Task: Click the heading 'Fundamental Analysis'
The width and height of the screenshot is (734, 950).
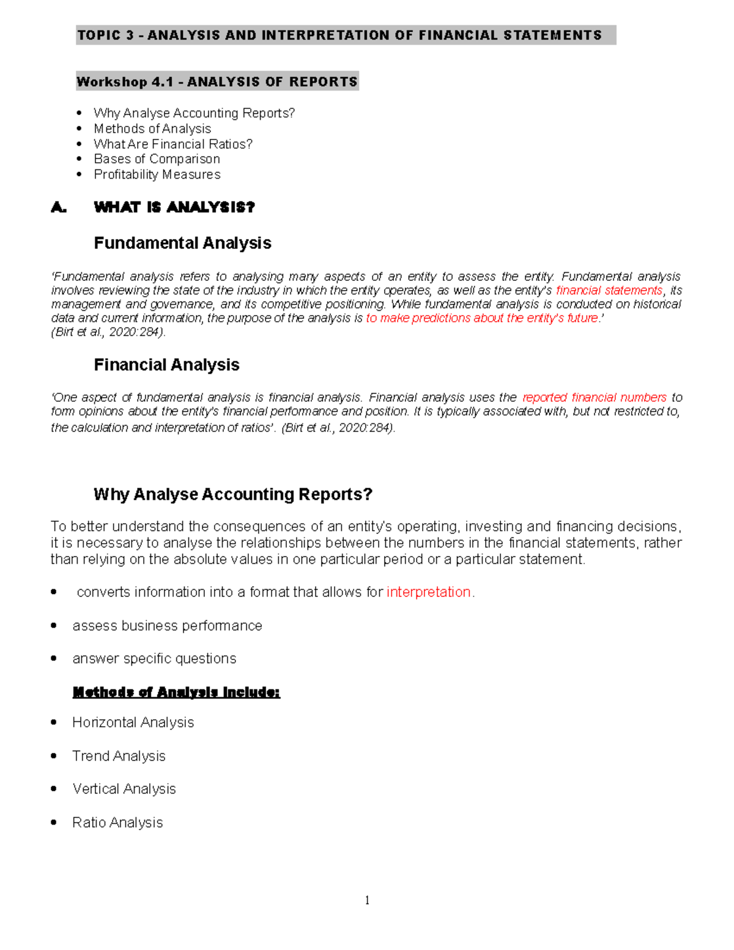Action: pyautogui.click(x=182, y=243)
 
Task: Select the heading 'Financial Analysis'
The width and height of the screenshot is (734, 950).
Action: pyautogui.click(x=166, y=365)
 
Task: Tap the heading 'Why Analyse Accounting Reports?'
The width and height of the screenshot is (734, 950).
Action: pyautogui.click(x=232, y=494)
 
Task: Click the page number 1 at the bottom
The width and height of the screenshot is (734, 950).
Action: pyautogui.click(x=367, y=900)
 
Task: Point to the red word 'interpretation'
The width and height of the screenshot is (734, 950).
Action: pyautogui.click(x=429, y=592)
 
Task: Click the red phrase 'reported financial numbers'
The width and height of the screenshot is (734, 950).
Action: pyautogui.click(x=594, y=398)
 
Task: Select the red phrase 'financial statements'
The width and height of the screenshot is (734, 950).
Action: pyautogui.click(x=609, y=291)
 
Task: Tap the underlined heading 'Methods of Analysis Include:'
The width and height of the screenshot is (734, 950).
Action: pyautogui.click(x=176, y=692)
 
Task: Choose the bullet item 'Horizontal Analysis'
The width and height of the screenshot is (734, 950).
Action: pyautogui.click(x=133, y=722)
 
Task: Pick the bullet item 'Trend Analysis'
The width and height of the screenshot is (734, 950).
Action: pyautogui.click(x=119, y=756)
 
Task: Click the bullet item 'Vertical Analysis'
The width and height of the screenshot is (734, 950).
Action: pyautogui.click(x=124, y=789)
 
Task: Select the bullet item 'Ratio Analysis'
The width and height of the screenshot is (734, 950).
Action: pyautogui.click(x=117, y=823)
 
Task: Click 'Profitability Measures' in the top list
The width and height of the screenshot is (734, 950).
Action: pyautogui.click(x=157, y=174)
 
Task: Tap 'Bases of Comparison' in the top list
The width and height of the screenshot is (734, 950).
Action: pyautogui.click(x=157, y=159)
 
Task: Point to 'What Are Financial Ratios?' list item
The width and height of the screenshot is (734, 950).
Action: pyautogui.click(x=173, y=144)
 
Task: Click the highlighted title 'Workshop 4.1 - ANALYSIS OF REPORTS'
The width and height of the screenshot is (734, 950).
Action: pyautogui.click(x=217, y=82)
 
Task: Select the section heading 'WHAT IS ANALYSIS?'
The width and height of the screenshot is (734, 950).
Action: pyautogui.click(x=174, y=207)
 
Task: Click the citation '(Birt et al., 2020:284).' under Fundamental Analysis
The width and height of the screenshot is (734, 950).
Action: pyautogui.click(x=108, y=332)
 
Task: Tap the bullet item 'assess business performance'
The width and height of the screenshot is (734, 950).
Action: pyautogui.click(x=167, y=626)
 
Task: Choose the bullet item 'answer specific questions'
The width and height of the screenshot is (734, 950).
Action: pyautogui.click(x=154, y=659)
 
